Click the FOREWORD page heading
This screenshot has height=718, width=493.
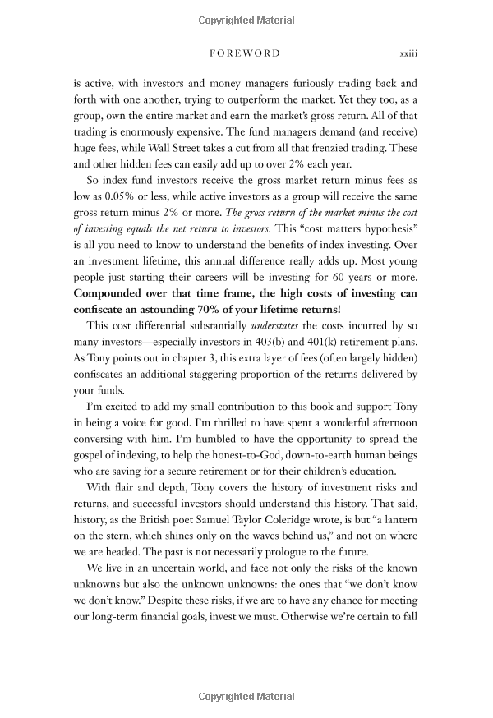(246, 53)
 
